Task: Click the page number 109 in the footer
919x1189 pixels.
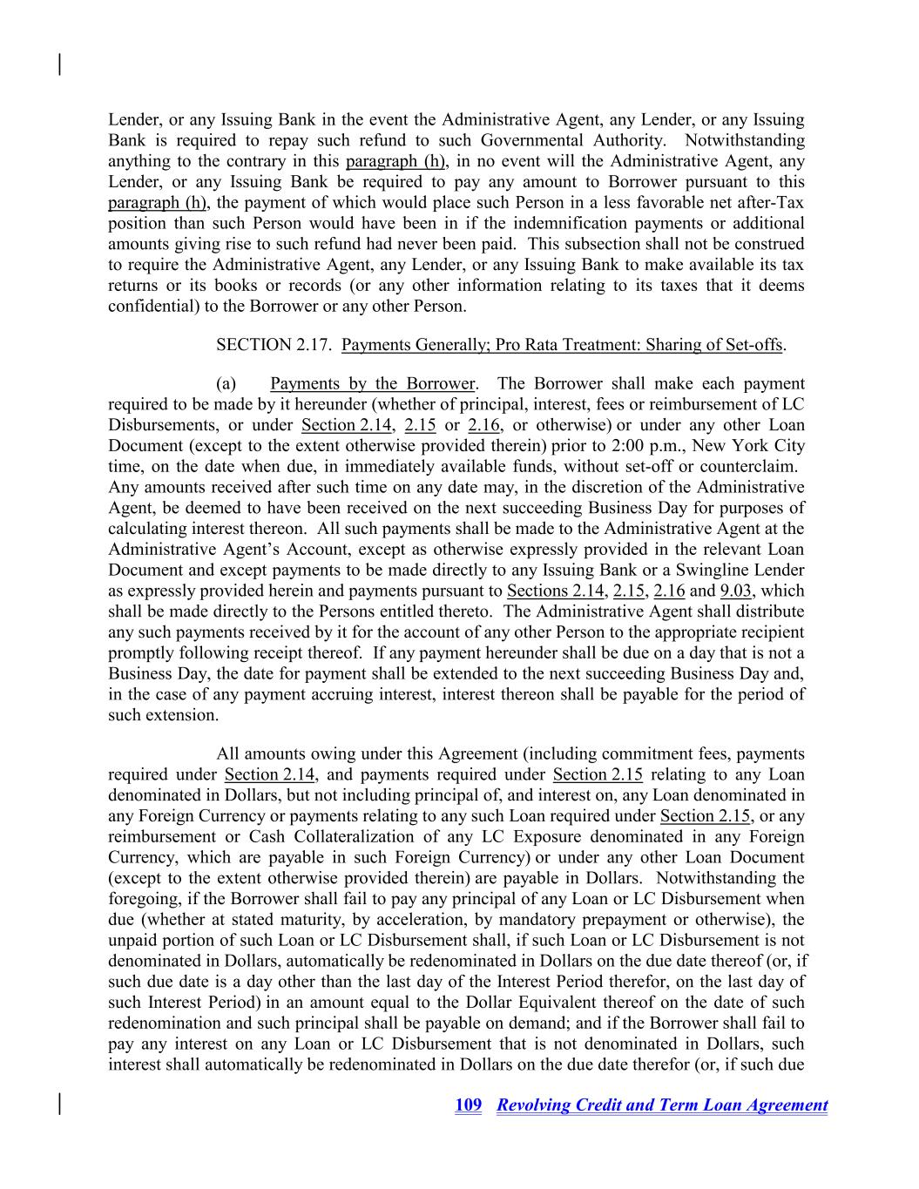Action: (x=468, y=1105)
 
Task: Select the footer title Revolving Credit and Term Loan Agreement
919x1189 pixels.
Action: (x=662, y=1105)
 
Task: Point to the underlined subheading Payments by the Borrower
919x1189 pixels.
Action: (x=373, y=384)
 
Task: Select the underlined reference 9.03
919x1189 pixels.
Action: (x=736, y=591)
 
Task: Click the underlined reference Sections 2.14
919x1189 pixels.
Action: (x=557, y=591)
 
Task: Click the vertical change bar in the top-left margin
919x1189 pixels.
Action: (x=59, y=64)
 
